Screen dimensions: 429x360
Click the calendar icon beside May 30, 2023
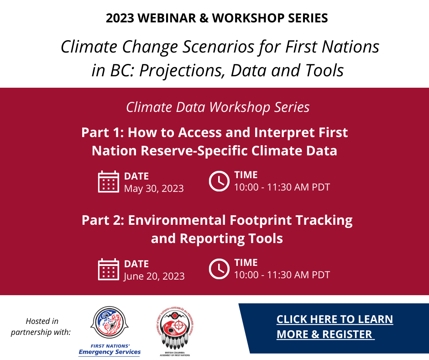pyautogui.click(x=108, y=182)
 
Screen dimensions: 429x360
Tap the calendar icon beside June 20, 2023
pyautogui.click(x=108, y=270)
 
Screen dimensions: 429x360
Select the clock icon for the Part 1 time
pyautogui.click(x=219, y=181)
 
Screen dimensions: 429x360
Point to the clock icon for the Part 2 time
pyautogui.click(x=219, y=269)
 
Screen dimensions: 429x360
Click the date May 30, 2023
pyautogui.click(x=154, y=189)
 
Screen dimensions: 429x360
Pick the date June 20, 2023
pyautogui.click(x=154, y=276)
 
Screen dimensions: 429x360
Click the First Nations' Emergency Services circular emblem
pyautogui.click(x=110, y=323)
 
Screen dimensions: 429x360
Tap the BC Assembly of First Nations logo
pyautogui.click(x=175, y=331)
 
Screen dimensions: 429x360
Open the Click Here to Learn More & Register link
pyautogui.click(x=335, y=327)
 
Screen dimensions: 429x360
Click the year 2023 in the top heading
pyautogui.click(x=120, y=18)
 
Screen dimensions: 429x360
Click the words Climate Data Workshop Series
pyautogui.click(x=218, y=107)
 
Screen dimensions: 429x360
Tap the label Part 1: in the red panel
pyautogui.click(x=103, y=132)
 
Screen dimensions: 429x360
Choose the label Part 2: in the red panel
pyautogui.click(x=103, y=220)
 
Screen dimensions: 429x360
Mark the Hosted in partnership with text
pyautogui.click(x=41, y=327)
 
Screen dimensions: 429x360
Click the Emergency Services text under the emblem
pyautogui.click(x=110, y=352)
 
